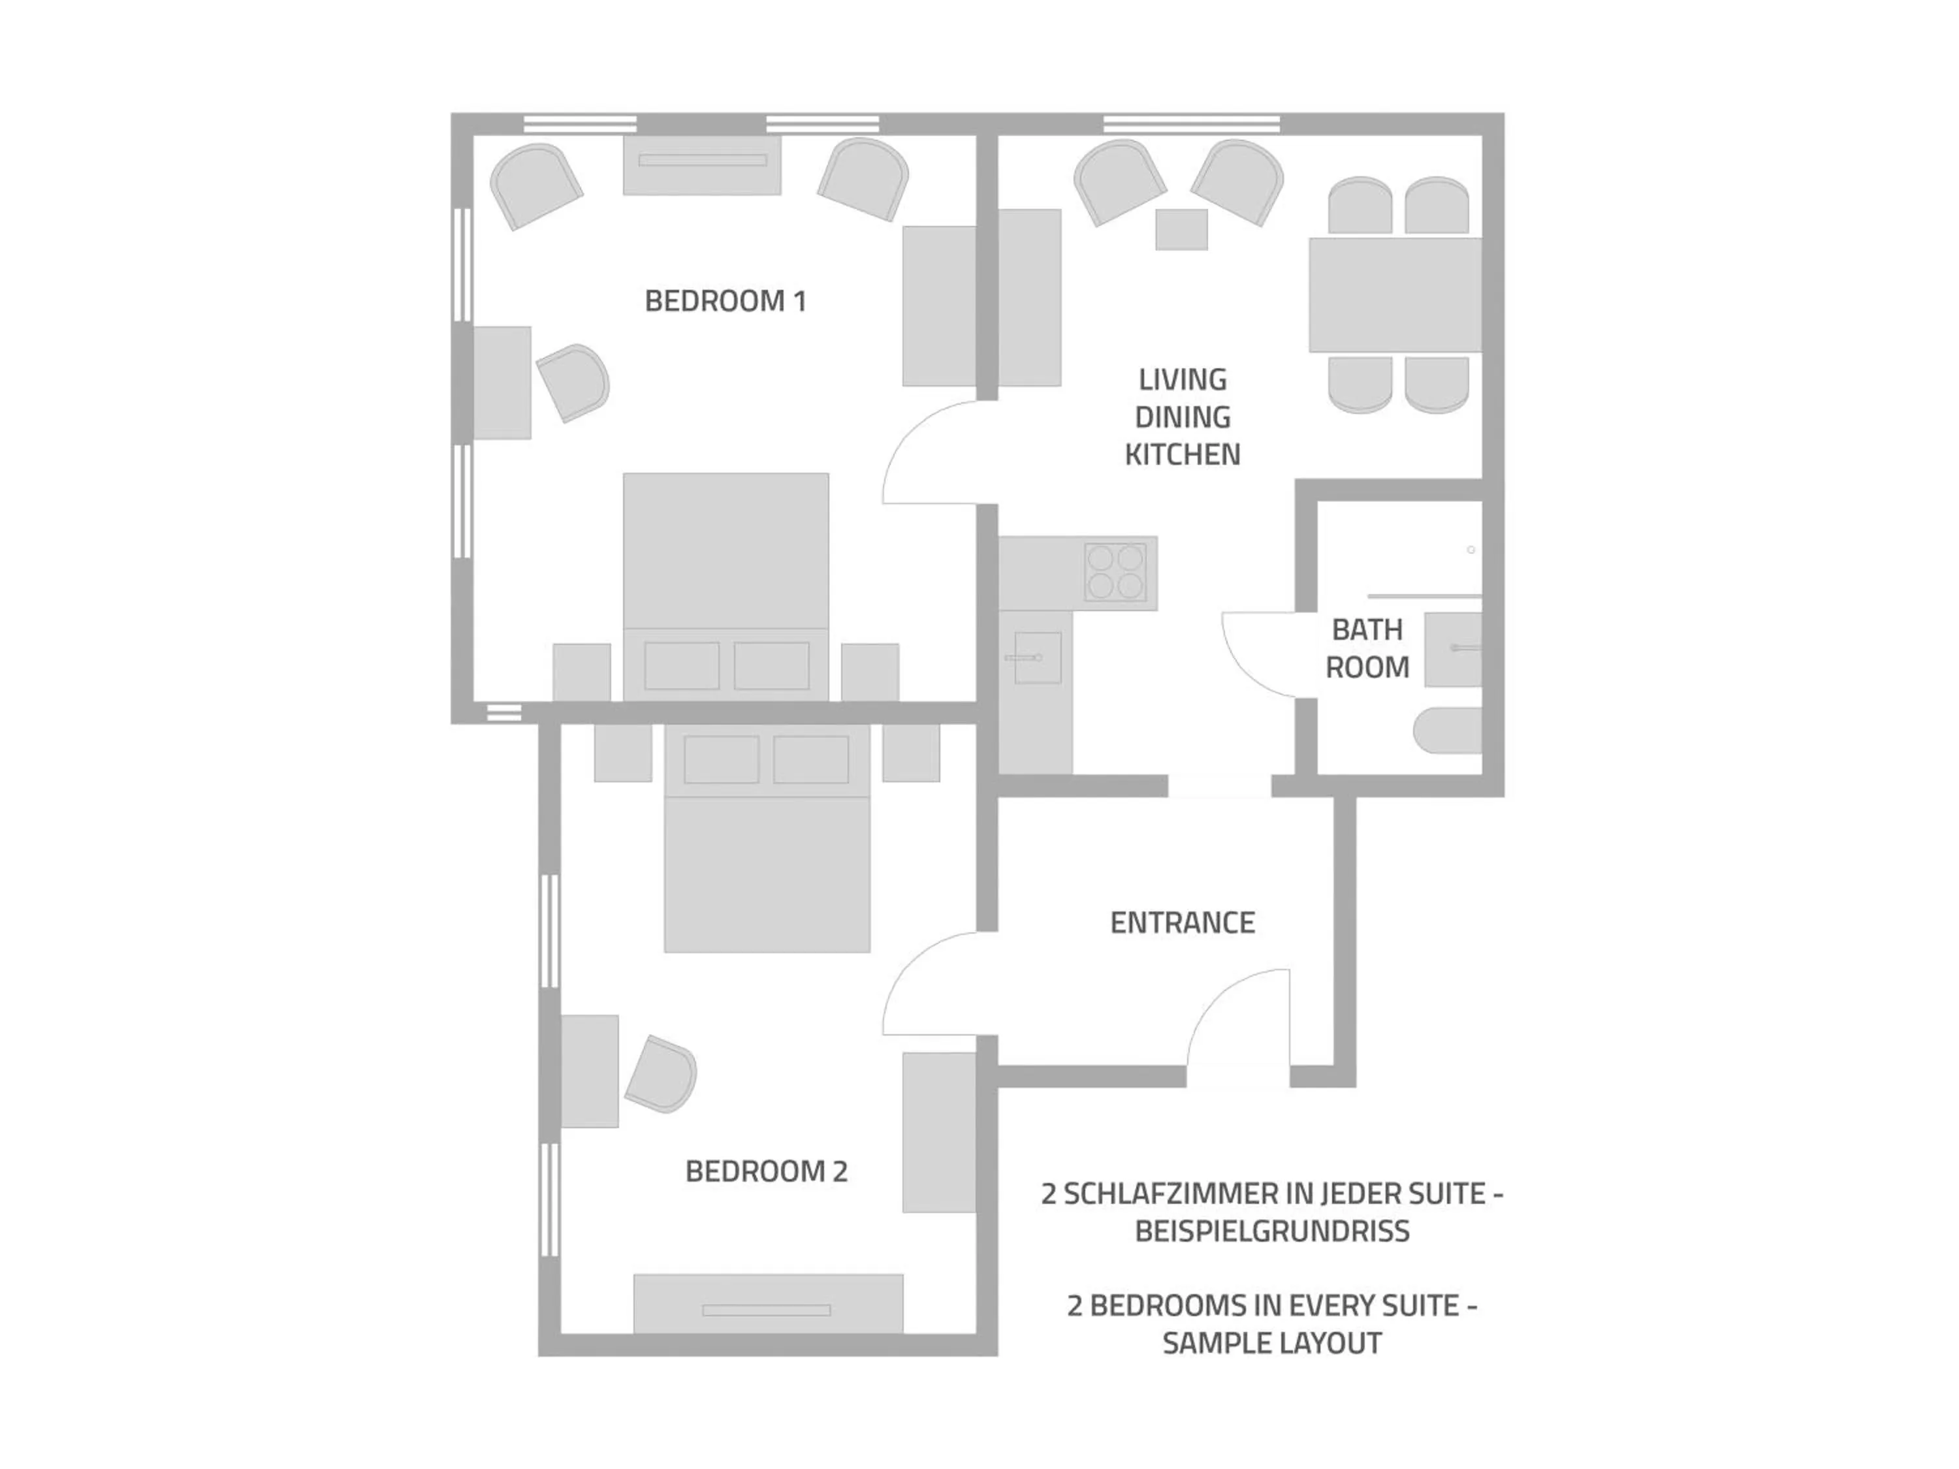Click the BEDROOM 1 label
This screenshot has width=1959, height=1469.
pyautogui.click(x=725, y=301)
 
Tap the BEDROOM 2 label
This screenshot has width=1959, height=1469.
pyautogui.click(x=766, y=1171)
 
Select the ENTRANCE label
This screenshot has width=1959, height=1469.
pyautogui.click(x=1183, y=923)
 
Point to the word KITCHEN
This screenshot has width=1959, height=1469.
pyautogui.click(x=1183, y=454)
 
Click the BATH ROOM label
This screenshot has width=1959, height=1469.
pyautogui.click(x=1367, y=648)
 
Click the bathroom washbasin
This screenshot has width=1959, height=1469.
pyautogui.click(x=1452, y=649)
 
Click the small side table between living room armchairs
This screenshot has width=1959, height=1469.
pyautogui.click(x=1181, y=229)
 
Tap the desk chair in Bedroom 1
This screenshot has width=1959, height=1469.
pyautogui.click(x=575, y=382)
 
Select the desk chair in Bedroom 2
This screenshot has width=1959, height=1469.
pyautogui.click(x=661, y=1074)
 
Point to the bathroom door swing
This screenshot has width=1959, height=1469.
pyautogui.click(x=1260, y=653)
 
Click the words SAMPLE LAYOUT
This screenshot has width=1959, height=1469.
pyautogui.click(x=1272, y=1343)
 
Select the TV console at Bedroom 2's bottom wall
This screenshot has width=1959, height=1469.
pyautogui.click(x=768, y=1303)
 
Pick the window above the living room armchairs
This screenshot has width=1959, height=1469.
pyautogui.click(x=1191, y=124)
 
